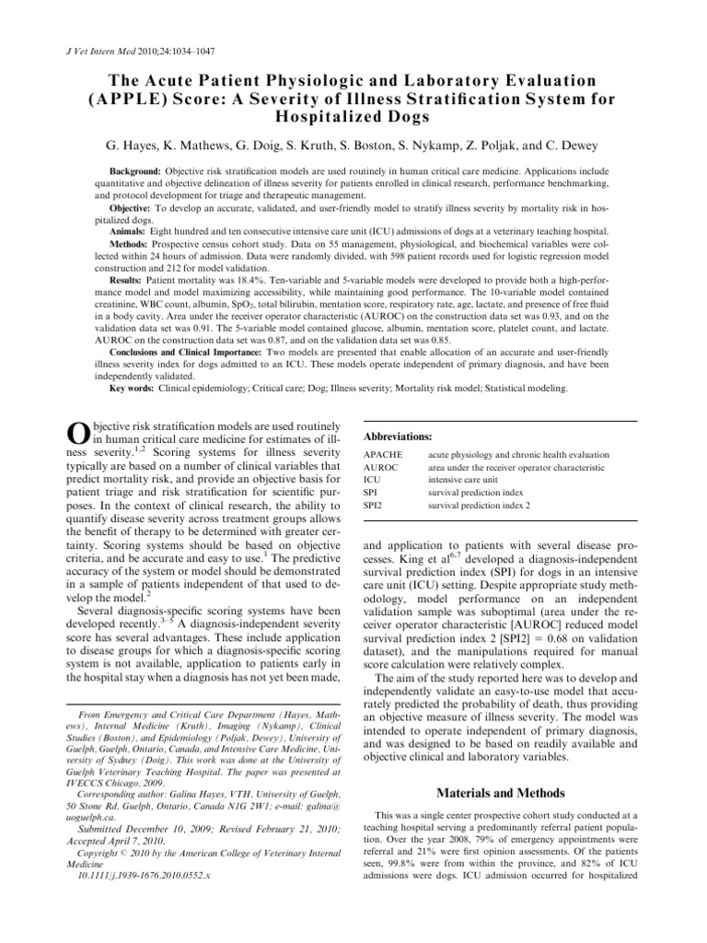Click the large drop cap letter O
pyautogui.click(x=80, y=438)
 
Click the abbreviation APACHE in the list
pyautogui.click(x=384, y=455)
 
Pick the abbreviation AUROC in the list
pyautogui.click(x=382, y=468)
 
